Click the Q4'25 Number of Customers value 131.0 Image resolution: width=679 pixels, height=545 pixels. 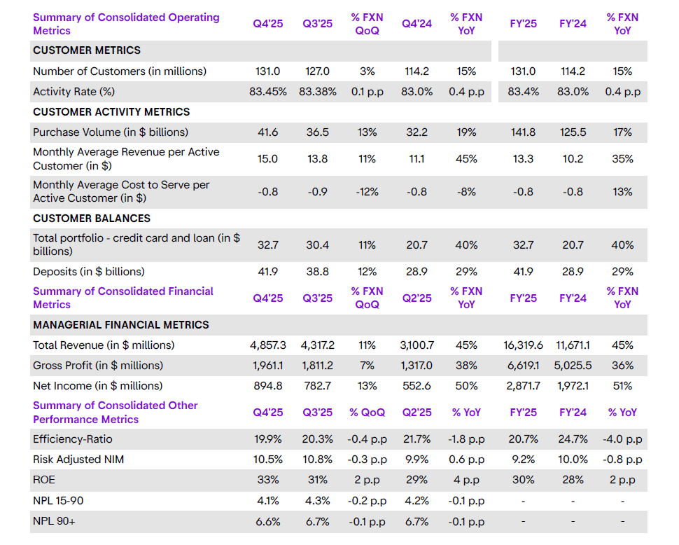pos(268,71)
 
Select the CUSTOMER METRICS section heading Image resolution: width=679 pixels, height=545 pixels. pos(87,50)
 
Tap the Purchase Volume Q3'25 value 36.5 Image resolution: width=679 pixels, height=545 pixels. pos(317,132)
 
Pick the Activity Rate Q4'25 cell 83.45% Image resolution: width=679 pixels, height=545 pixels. pos(268,92)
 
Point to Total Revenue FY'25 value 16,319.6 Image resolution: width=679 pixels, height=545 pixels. pos(523,345)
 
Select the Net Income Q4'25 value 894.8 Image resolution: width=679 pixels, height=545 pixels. pos(268,386)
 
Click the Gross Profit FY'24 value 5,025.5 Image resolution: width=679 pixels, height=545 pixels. pos(573,366)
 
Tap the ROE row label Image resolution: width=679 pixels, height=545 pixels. pos(45,481)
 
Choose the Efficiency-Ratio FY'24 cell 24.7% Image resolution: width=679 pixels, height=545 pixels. pos(573,440)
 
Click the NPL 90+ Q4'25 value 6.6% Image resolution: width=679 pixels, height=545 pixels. pos(268,522)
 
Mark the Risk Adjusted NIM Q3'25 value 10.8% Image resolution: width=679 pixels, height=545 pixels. pos(317,460)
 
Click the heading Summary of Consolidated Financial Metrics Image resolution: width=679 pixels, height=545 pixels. pos(123,298)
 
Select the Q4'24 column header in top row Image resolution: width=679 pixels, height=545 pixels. pos(416,24)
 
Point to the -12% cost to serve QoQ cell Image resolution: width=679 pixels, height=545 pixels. pos(367,192)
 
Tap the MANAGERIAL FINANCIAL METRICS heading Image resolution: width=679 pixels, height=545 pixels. pos(121,325)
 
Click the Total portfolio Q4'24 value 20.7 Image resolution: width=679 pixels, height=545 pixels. pos(416,245)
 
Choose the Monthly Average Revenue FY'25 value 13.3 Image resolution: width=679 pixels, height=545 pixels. pos(523,159)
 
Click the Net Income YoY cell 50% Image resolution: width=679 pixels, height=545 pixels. pos(466,386)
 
